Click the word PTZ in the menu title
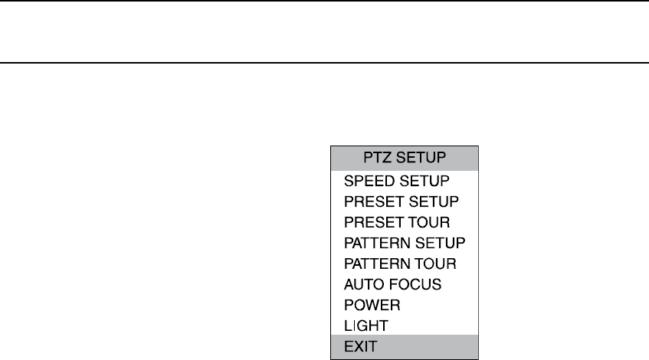pyautogui.click(x=375, y=159)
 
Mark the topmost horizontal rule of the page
pyautogui.click(x=324, y=2)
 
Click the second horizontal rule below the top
pyautogui.click(x=324, y=63)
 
